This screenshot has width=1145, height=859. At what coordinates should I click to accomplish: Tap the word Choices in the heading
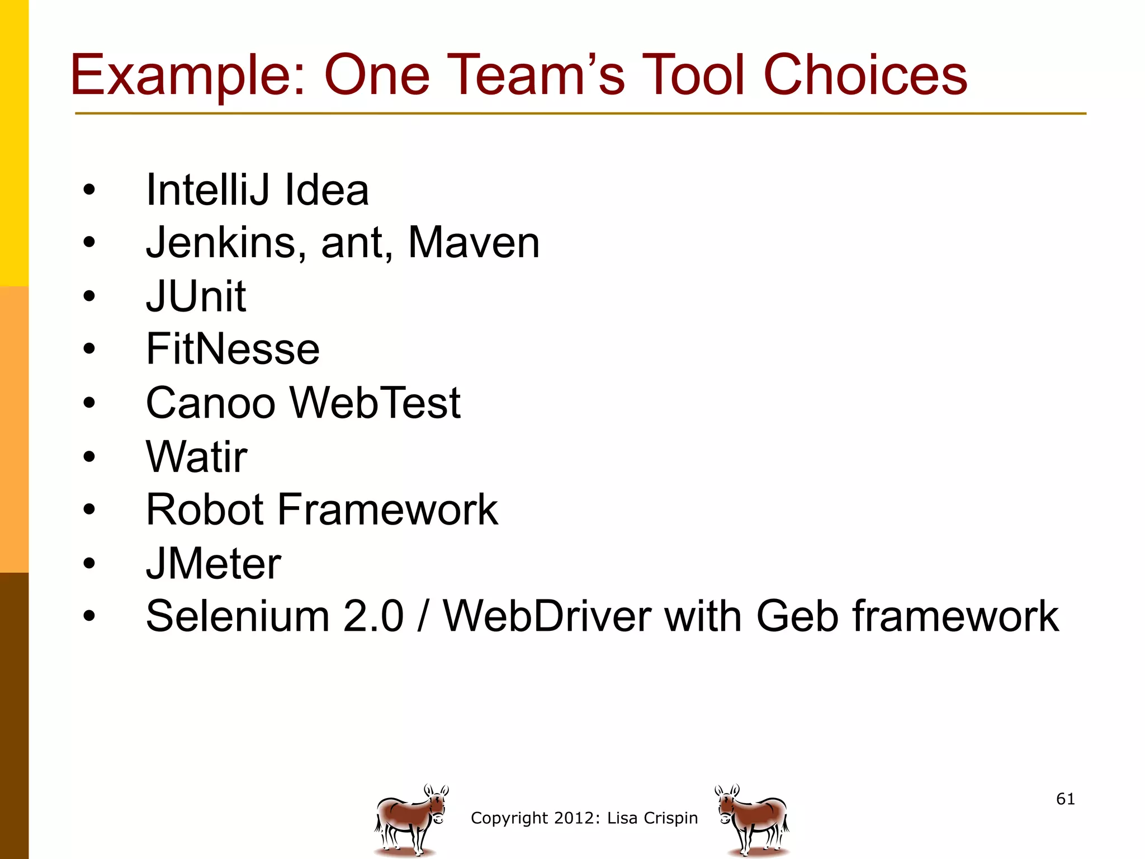point(865,75)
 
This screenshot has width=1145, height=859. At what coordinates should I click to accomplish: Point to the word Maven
point(474,243)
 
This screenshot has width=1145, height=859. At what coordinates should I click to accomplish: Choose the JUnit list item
point(196,296)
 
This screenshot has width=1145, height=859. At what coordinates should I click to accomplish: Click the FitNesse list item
point(233,349)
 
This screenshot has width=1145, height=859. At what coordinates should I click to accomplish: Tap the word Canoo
point(210,403)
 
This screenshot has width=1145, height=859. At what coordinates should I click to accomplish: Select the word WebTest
point(375,403)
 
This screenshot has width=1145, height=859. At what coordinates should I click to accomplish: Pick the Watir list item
point(196,456)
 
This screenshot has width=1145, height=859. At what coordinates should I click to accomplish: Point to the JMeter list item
point(213,563)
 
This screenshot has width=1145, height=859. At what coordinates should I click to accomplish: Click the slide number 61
point(1065,799)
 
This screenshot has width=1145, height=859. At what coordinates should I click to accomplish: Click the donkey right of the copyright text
point(753,819)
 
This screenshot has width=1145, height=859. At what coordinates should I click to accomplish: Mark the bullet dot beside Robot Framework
point(89,509)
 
